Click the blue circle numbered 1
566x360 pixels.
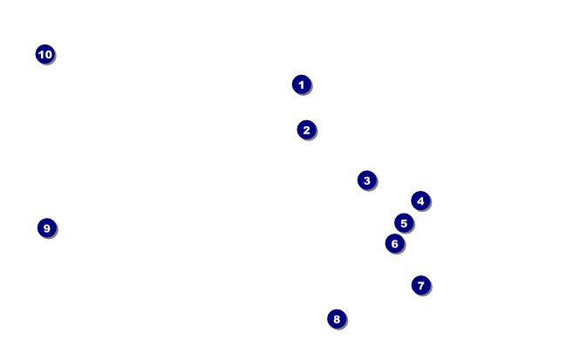coord(301,85)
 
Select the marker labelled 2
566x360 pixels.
coord(306,130)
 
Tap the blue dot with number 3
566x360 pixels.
coord(366,180)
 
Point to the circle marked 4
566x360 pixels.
coord(420,201)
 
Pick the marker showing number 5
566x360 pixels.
coord(403,223)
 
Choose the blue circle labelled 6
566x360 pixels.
coord(394,244)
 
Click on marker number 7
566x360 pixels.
coord(420,285)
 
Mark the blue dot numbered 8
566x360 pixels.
coord(337,319)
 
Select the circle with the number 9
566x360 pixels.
coord(47,228)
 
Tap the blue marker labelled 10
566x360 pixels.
coord(44,55)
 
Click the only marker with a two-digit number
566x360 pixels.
coord(44,55)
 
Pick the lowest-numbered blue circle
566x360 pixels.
coord(301,85)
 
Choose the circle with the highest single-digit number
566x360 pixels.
coord(47,228)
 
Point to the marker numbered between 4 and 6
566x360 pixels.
coord(403,223)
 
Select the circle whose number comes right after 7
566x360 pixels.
coord(337,319)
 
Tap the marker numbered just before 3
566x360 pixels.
coord(306,130)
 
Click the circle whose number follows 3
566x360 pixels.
coord(420,201)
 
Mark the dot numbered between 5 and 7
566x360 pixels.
coord(394,244)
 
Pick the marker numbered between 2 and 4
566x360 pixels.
coord(366,180)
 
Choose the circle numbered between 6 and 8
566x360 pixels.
coord(420,285)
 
